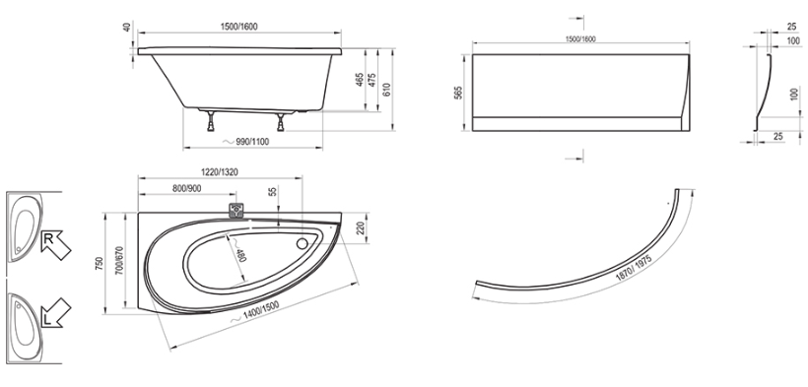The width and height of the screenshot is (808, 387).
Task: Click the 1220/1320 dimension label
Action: [x=219, y=172]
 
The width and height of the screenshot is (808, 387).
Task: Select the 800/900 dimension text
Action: [x=187, y=189]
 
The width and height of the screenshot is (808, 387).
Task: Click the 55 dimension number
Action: [x=273, y=191]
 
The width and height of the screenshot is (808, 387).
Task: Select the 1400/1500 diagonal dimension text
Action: [x=261, y=311]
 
